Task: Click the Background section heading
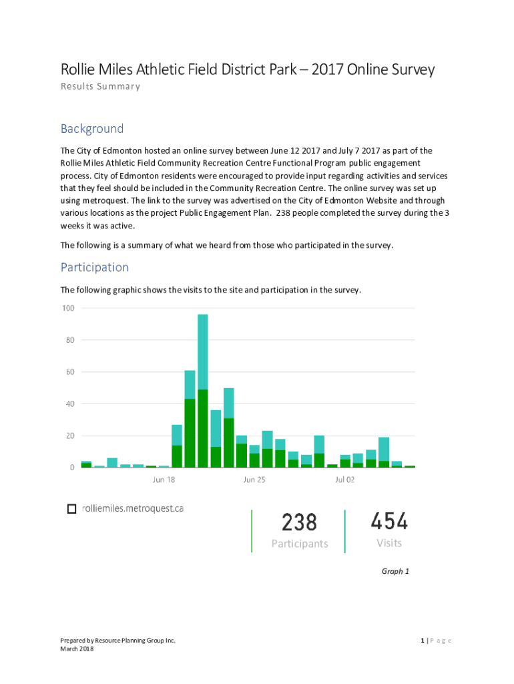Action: click(x=92, y=129)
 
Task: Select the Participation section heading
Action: click(x=95, y=267)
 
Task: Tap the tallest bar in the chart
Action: click(x=203, y=387)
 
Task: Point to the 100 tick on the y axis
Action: click(x=67, y=308)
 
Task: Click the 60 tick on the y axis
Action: click(x=69, y=371)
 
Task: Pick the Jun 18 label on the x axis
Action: click(x=164, y=480)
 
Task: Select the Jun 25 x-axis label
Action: click(x=254, y=480)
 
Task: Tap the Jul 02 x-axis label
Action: click(x=345, y=480)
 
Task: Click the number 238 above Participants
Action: click(x=299, y=522)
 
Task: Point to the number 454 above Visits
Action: click(x=389, y=521)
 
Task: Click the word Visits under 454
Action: click(x=389, y=543)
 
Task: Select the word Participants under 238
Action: click(x=300, y=544)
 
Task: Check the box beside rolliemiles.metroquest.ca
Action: click(x=71, y=509)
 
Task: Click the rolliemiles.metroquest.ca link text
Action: click(x=132, y=509)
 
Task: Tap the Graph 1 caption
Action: click(x=395, y=571)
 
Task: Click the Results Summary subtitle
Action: click(x=100, y=86)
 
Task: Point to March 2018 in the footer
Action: click(x=77, y=649)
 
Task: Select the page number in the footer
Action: click(x=423, y=641)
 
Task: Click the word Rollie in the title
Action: click(x=78, y=69)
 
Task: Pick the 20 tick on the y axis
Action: click(x=69, y=436)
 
